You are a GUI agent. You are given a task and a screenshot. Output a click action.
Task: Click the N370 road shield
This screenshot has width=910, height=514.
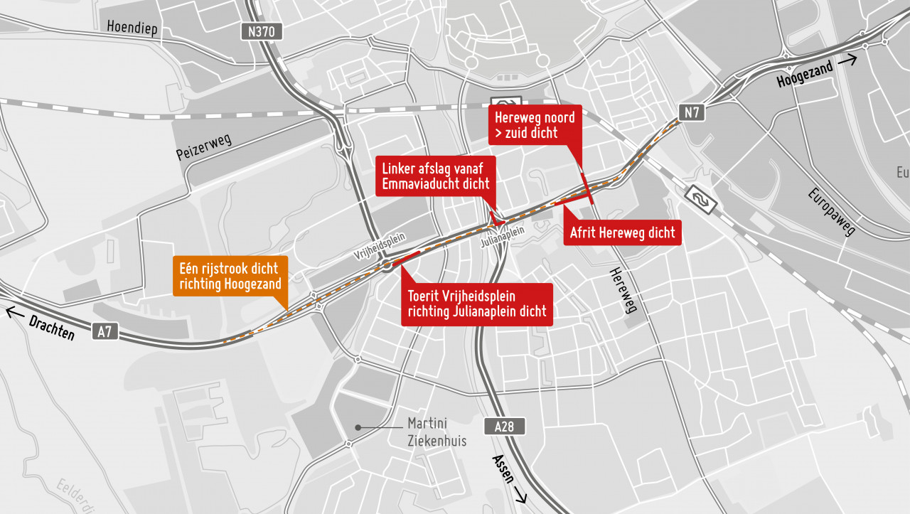[262, 31]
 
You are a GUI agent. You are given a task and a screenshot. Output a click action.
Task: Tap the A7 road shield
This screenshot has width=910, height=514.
[105, 331]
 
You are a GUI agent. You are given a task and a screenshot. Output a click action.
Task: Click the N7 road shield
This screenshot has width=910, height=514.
[691, 112]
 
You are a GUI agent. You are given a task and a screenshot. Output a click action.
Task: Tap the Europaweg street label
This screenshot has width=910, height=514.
[831, 211]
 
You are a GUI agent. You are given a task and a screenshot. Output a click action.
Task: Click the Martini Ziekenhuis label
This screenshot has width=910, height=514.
[437, 432]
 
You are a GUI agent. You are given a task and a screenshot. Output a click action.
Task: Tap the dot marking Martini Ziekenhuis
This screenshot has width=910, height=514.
[359, 428]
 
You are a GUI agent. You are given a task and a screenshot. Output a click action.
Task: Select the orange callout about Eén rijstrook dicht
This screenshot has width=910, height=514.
[230, 277]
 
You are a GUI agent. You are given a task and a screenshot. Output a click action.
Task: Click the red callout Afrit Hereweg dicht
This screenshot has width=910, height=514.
[622, 232]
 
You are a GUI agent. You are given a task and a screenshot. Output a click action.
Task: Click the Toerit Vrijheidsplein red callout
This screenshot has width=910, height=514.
[476, 304]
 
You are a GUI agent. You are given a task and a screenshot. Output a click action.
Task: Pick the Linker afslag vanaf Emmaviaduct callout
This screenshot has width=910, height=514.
[436, 176]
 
